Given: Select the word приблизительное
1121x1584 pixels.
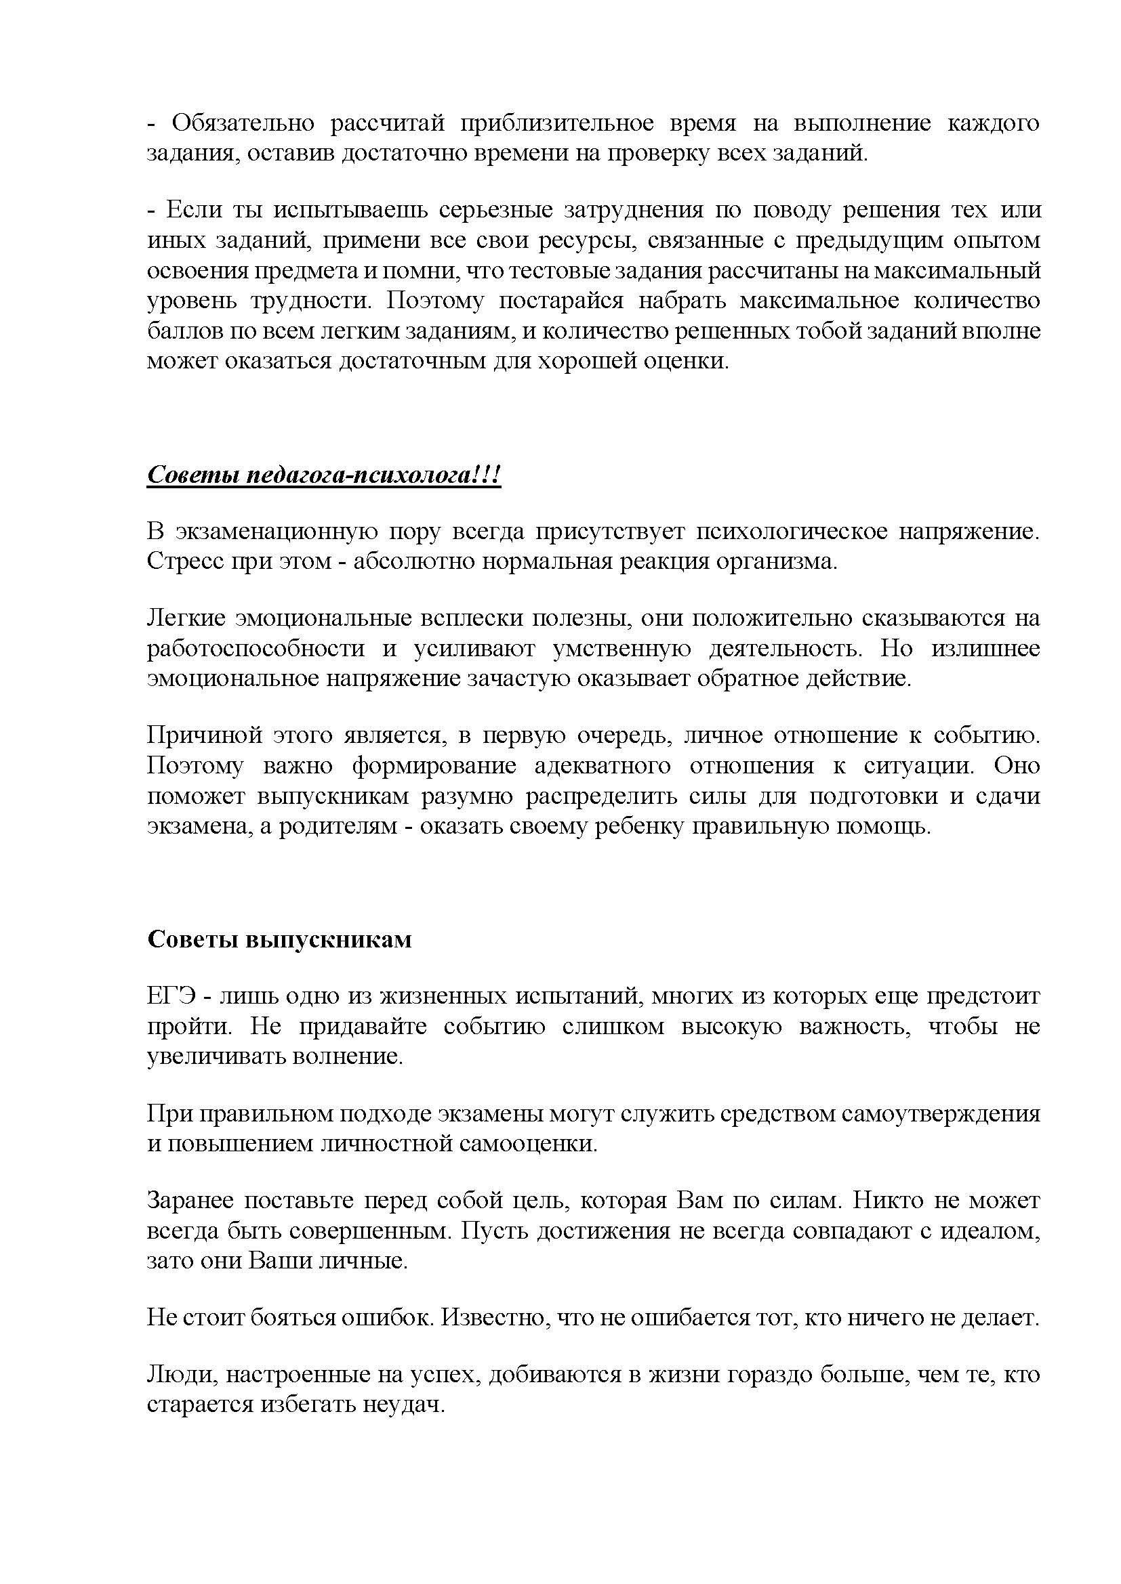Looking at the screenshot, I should click(x=558, y=123).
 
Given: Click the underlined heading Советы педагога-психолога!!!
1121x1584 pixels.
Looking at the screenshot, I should click(x=324, y=475).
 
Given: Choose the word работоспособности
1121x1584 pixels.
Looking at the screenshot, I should click(x=256, y=649).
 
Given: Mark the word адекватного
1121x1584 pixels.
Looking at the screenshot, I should click(x=603, y=766).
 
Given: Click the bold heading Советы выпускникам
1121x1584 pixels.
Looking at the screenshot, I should click(x=279, y=940).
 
